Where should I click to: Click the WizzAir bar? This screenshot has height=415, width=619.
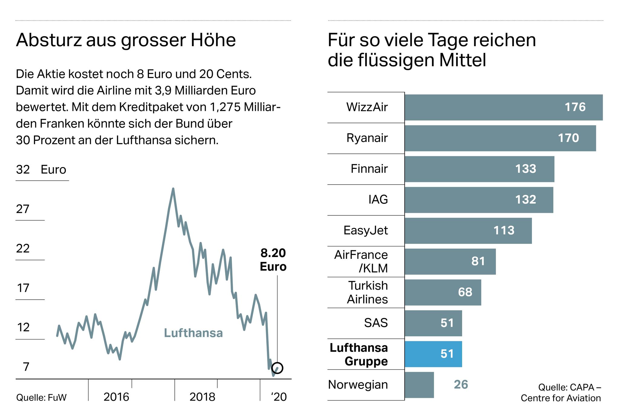point(503,107)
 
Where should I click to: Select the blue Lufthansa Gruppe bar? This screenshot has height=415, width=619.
point(433,354)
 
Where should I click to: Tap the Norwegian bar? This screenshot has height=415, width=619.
point(419,385)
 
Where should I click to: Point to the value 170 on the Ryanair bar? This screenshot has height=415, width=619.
point(568,138)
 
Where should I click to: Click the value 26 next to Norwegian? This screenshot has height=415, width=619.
point(461,384)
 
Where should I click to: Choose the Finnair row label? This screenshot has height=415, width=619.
point(369,169)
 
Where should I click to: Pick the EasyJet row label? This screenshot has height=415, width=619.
point(365,230)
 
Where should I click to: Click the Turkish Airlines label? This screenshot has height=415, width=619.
point(367,292)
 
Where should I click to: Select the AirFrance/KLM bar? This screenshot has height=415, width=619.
point(450,262)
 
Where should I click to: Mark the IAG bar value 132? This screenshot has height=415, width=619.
point(526,200)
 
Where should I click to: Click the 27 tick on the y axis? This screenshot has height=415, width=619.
point(23,209)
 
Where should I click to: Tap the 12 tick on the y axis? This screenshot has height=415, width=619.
point(23,327)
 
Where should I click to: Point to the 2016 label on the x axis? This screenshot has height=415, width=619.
point(116,397)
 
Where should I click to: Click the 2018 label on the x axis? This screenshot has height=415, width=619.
point(202,397)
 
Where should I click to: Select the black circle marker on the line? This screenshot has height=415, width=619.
point(277,368)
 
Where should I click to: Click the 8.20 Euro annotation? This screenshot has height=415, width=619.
point(273,260)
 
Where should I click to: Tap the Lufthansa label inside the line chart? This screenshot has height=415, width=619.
point(193,333)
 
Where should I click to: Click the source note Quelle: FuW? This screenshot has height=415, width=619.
point(41,397)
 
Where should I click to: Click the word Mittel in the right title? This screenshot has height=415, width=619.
point(462,60)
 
